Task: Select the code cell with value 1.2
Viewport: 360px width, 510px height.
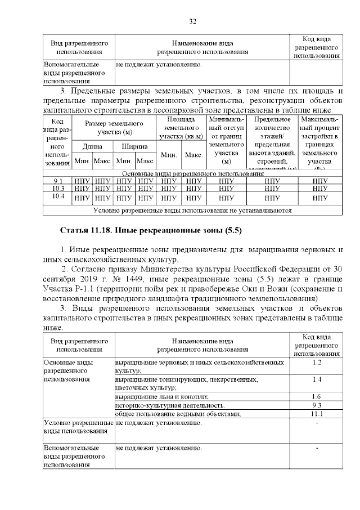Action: (x=316, y=362)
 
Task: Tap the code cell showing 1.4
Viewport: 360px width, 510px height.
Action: (x=316, y=380)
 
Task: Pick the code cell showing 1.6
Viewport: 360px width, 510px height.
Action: (x=316, y=396)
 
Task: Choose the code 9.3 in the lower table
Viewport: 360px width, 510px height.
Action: (x=316, y=405)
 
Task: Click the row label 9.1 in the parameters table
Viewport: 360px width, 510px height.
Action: (x=58, y=181)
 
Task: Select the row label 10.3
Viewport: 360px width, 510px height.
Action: (x=58, y=188)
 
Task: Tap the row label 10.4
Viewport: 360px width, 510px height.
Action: (x=58, y=196)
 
